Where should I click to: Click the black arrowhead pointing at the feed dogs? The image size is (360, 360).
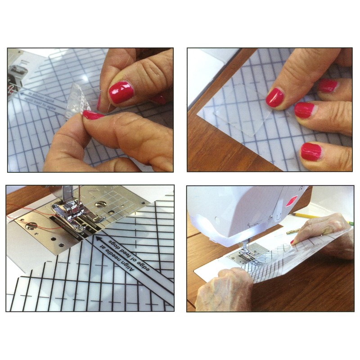[x=98, y=238]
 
